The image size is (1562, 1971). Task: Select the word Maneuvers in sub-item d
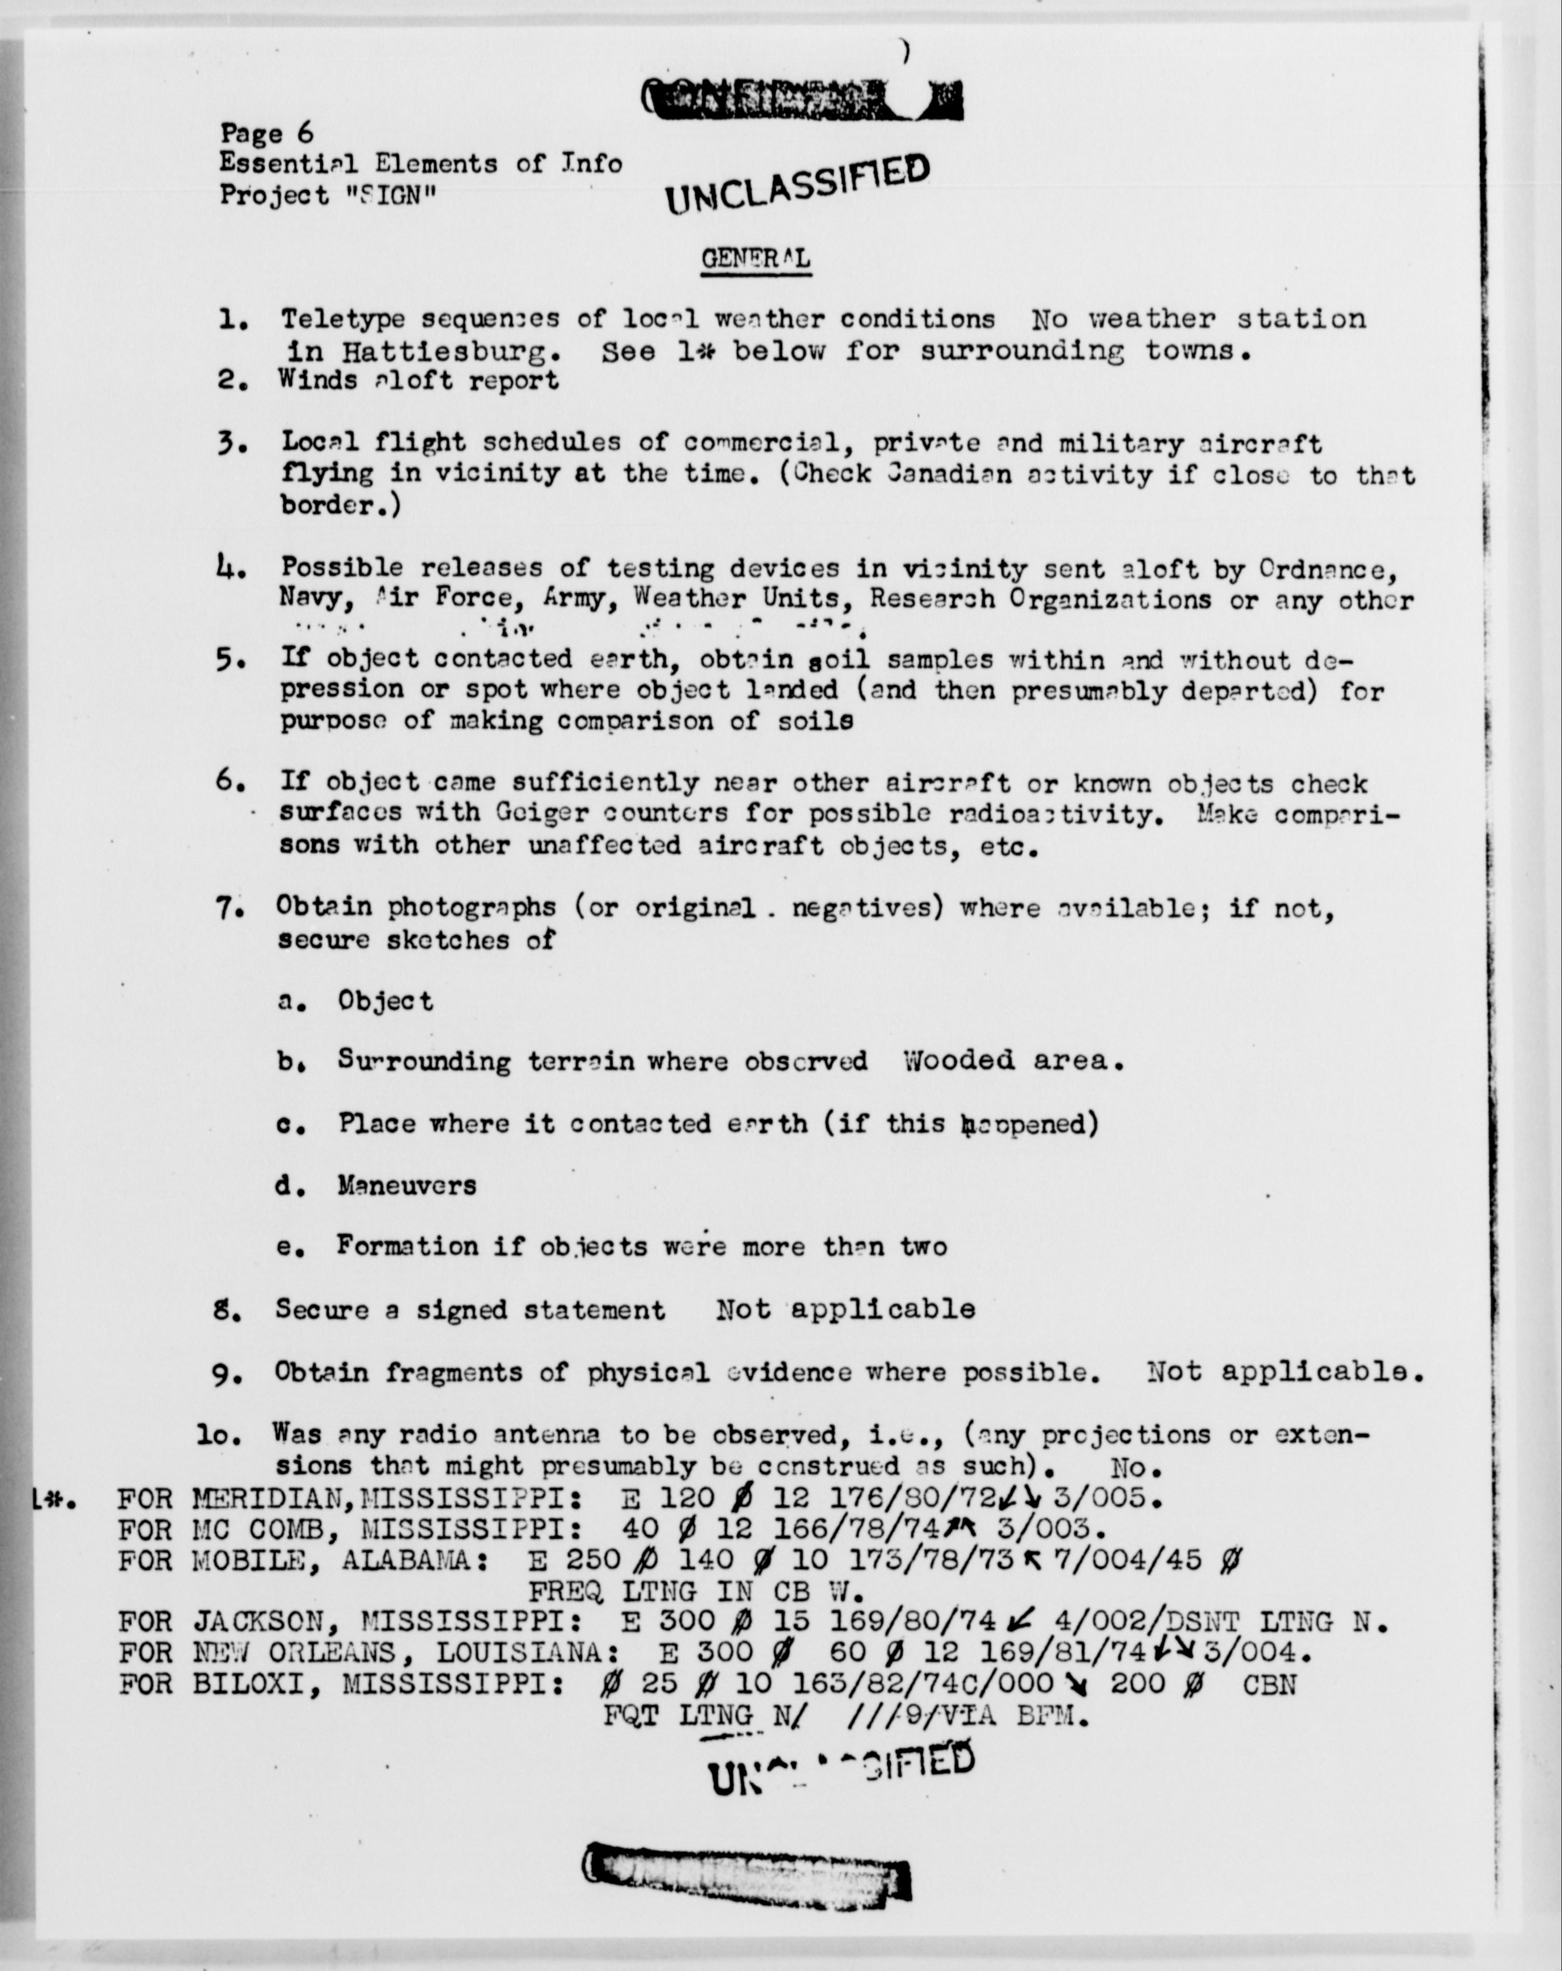[407, 1186]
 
